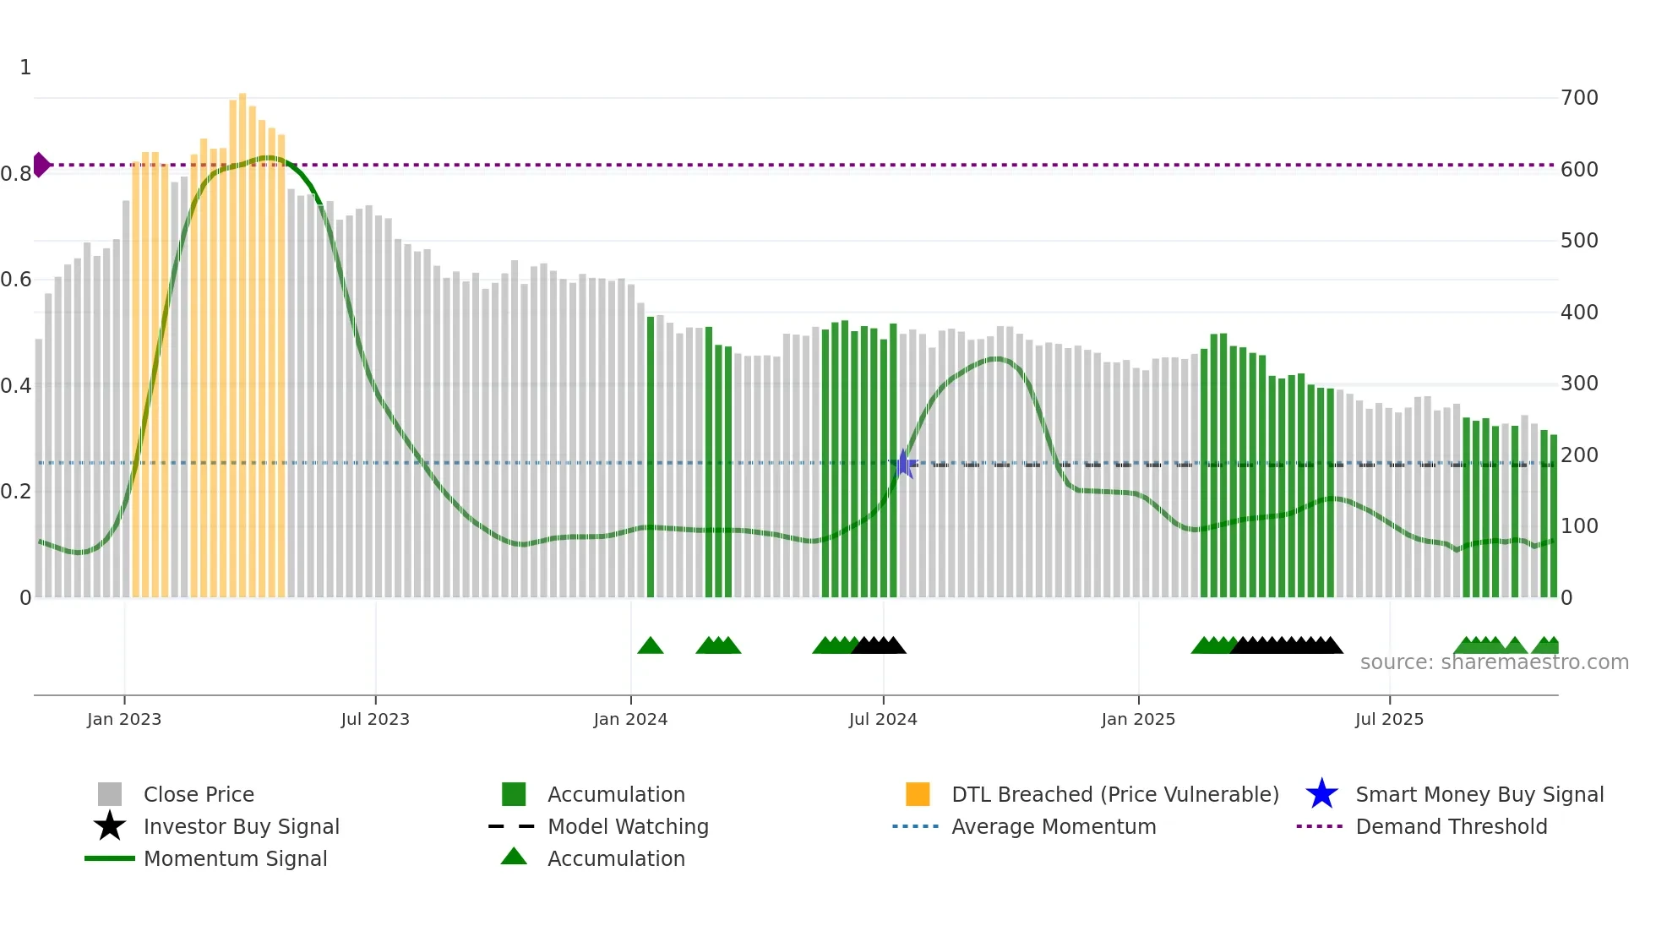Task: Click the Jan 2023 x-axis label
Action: [123, 719]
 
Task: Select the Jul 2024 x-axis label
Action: [883, 719]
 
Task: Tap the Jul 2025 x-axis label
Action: [1389, 719]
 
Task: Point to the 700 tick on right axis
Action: [1579, 98]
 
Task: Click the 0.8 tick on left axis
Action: [16, 174]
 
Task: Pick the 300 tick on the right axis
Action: [1579, 384]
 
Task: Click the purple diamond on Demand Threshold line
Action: [41, 165]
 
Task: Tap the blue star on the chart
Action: [903, 464]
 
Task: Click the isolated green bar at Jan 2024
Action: [651, 456]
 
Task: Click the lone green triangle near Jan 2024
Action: [651, 646]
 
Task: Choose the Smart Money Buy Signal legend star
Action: [1321, 794]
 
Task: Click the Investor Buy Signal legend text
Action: [242, 826]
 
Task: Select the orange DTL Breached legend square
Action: [918, 794]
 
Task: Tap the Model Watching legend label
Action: [628, 826]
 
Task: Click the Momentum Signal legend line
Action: [110, 858]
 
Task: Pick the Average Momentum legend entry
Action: [1054, 826]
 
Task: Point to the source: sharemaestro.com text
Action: [1494, 662]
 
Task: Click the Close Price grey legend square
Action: [110, 794]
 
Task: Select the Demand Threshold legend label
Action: [1451, 826]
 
